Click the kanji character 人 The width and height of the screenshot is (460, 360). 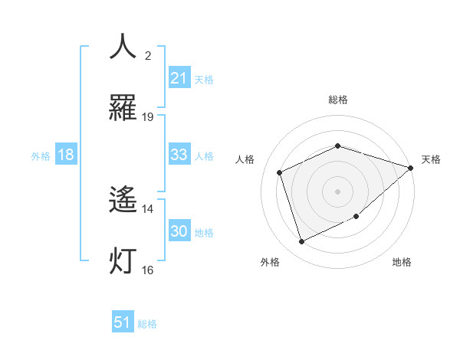pyautogui.click(x=123, y=47)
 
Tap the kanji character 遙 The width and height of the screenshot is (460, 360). pyautogui.click(x=123, y=200)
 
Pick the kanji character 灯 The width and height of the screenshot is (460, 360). pyautogui.click(x=123, y=261)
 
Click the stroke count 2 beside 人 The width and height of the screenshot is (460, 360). pyautogui.click(x=148, y=56)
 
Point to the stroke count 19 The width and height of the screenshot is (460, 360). pyautogui.click(x=148, y=117)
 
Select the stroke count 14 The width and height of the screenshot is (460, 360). pyautogui.click(x=148, y=208)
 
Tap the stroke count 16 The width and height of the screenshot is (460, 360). pyautogui.click(x=148, y=270)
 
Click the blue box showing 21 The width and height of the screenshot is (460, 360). pyautogui.click(x=179, y=77)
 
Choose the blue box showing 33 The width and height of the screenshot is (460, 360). pyautogui.click(x=179, y=155)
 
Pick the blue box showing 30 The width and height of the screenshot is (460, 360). pyautogui.click(x=179, y=231)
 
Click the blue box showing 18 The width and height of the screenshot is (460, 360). pyautogui.click(x=66, y=155)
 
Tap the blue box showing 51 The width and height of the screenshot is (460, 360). pyautogui.click(x=123, y=322)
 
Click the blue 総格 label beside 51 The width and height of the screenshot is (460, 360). pyautogui.click(x=147, y=324)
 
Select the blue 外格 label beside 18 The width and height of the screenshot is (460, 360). pyautogui.click(x=41, y=155)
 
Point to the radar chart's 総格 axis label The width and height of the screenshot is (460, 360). pyautogui.click(x=337, y=100)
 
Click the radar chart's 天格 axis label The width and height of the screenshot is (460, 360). pyautogui.click(x=431, y=159)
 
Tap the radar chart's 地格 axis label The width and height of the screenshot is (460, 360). pyautogui.click(x=402, y=262)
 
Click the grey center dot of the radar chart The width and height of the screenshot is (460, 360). pyautogui.click(x=337, y=191)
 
